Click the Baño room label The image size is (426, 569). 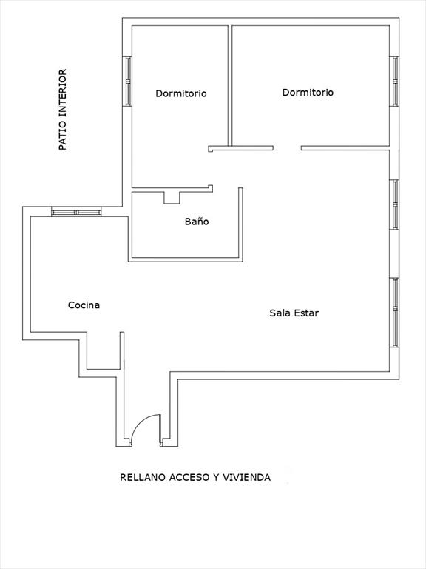pyautogui.click(x=197, y=222)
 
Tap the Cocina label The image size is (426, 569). pyautogui.click(x=84, y=305)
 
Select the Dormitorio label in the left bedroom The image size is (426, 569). pyautogui.click(x=181, y=93)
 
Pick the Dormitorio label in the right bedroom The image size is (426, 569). pyautogui.click(x=308, y=92)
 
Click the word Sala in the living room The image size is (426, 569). pyautogui.click(x=280, y=313)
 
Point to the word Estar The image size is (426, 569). pyautogui.click(x=306, y=313)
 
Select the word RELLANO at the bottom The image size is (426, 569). pyautogui.click(x=143, y=477)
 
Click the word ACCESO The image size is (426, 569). pyautogui.click(x=189, y=477)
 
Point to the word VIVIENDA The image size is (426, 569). pyautogui.click(x=247, y=477)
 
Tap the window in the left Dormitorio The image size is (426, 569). pyautogui.click(x=127, y=81)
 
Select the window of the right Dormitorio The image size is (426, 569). pyautogui.click(x=394, y=81)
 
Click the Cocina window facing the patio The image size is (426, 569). pyautogui.click(x=76, y=212)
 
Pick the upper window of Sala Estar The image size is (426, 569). pyautogui.click(x=394, y=204)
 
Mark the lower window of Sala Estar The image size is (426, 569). pyautogui.click(x=394, y=313)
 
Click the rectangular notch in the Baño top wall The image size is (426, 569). pyautogui.click(x=172, y=197)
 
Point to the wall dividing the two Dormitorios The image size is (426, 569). pyautogui.click(x=230, y=86)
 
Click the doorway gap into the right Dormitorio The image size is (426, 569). pyautogui.click(x=287, y=148)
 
